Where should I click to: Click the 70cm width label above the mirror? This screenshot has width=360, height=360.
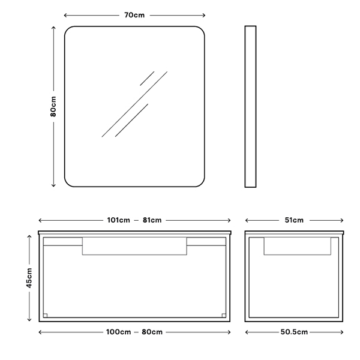[134, 15]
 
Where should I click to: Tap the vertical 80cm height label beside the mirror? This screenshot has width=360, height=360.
[53, 106]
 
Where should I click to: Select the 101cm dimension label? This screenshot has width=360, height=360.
[118, 220]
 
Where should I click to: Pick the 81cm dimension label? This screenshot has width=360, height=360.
[152, 220]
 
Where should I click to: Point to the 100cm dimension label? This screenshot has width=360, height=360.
[118, 332]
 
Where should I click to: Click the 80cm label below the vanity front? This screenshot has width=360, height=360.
[152, 332]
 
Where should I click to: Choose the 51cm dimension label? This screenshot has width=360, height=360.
[294, 220]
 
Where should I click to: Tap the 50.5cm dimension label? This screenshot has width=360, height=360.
[294, 332]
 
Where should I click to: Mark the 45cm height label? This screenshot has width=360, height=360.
[29, 278]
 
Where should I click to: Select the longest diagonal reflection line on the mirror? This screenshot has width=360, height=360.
[134, 104]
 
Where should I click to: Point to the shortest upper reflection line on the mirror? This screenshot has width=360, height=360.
[147, 79]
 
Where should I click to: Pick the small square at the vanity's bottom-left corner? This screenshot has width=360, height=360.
[45, 316]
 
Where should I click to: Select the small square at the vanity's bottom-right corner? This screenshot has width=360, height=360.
[224, 316]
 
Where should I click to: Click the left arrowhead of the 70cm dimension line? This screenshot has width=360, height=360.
[65, 16]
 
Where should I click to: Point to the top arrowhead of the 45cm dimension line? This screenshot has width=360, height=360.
[29, 236]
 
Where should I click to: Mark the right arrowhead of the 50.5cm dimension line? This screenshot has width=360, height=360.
[342, 332]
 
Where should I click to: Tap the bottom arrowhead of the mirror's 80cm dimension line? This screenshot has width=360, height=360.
[53, 185]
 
